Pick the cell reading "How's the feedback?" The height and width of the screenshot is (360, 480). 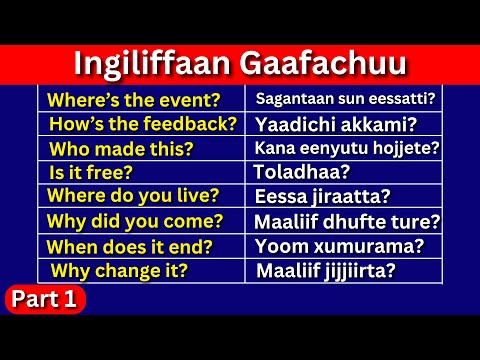142,124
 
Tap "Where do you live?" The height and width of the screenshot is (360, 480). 133,196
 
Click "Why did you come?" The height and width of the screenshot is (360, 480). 135,221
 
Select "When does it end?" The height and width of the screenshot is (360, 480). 131,246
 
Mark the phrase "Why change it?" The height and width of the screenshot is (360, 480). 119,270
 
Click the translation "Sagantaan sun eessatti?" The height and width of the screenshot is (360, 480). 344,99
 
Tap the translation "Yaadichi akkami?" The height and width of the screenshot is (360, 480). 321,124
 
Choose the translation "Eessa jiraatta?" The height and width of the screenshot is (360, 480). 322,197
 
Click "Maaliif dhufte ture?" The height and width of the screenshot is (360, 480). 347,221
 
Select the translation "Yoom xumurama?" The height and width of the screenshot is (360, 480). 339,245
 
